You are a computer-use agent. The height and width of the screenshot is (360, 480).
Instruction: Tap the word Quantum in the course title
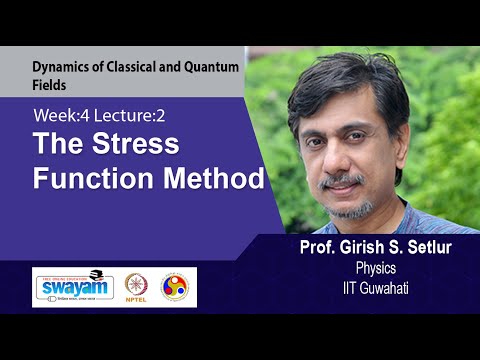[x=208, y=69]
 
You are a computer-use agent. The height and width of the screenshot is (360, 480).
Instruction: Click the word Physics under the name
[x=377, y=268]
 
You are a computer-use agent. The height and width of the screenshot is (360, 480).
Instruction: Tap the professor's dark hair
[x=350, y=75]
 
